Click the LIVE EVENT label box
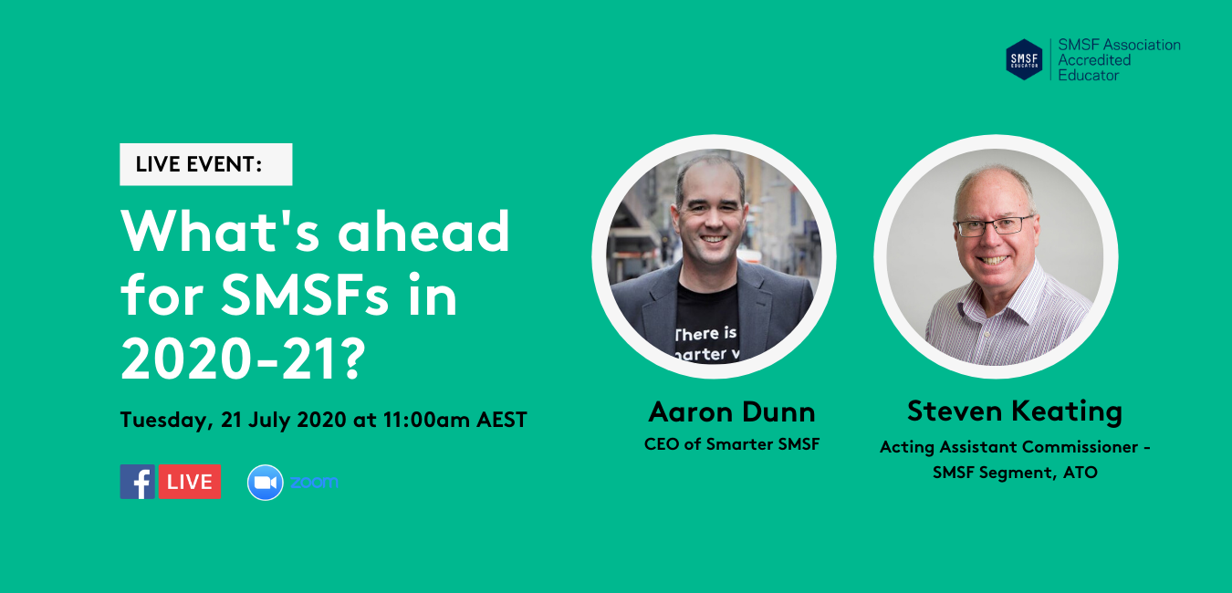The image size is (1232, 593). point(205,164)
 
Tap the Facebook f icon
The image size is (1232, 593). point(138,482)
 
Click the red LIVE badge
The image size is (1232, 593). point(190,482)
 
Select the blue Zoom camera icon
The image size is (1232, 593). point(265,483)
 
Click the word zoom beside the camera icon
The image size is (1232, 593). point(314,482)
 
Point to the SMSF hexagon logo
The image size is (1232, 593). point(1024,59)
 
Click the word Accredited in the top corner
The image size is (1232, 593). point(1094,60)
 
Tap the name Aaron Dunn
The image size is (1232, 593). point(732,412)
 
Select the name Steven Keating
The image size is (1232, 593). point(1015,411)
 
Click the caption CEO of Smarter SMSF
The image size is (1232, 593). point(732,444)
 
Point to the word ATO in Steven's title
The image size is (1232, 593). point(1081,473)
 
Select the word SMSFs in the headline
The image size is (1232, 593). point(305,295)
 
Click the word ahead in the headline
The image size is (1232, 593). point(423,231)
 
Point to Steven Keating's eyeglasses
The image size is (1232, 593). point(995,226)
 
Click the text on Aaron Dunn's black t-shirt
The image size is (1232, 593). point(706,344)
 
